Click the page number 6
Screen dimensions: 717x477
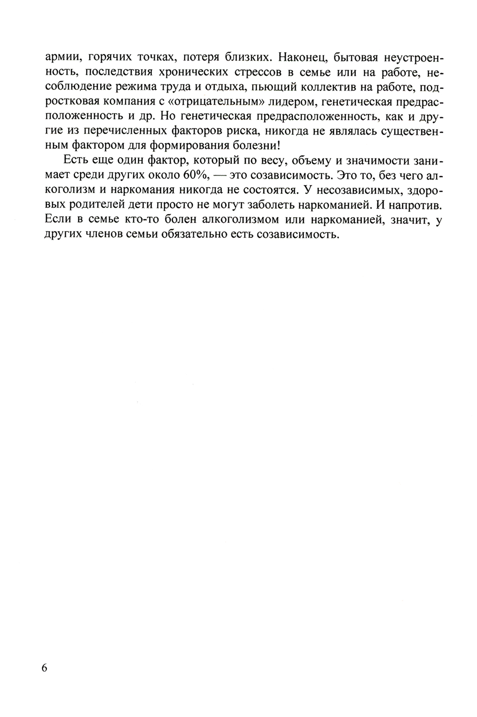point(44,668)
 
